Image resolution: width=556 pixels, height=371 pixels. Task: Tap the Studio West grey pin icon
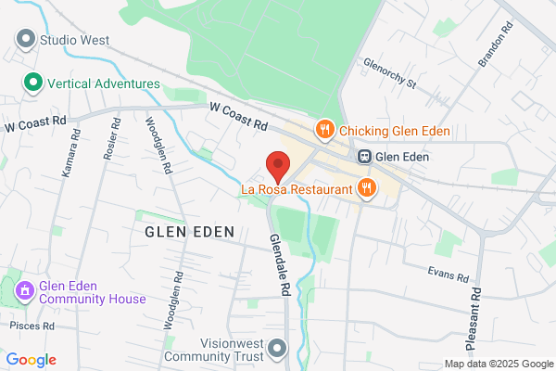(25, 40)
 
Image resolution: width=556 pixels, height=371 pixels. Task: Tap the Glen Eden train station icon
(366, 157)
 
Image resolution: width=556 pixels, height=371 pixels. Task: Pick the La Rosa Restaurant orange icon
(368, 188)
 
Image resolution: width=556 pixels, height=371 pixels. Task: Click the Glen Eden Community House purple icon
(24, 291)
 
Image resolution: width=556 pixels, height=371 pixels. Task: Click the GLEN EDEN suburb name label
(188, 230)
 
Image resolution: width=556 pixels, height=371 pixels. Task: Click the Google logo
(32, 360)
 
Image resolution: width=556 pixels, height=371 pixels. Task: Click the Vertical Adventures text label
(103, 83)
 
